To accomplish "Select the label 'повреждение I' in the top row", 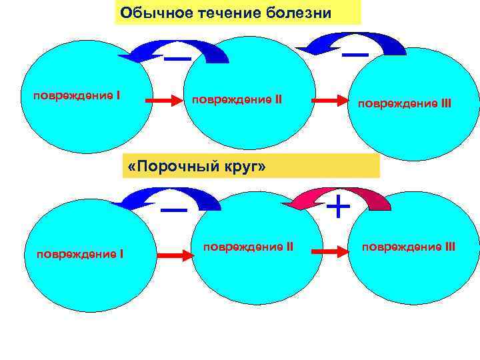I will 77,95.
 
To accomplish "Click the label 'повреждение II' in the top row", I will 237,100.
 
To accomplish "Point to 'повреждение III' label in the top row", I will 405,104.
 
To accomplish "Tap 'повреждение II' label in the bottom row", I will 248,247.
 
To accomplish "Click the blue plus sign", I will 339,207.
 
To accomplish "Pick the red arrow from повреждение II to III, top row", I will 331,100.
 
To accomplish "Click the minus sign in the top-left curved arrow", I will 177,59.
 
